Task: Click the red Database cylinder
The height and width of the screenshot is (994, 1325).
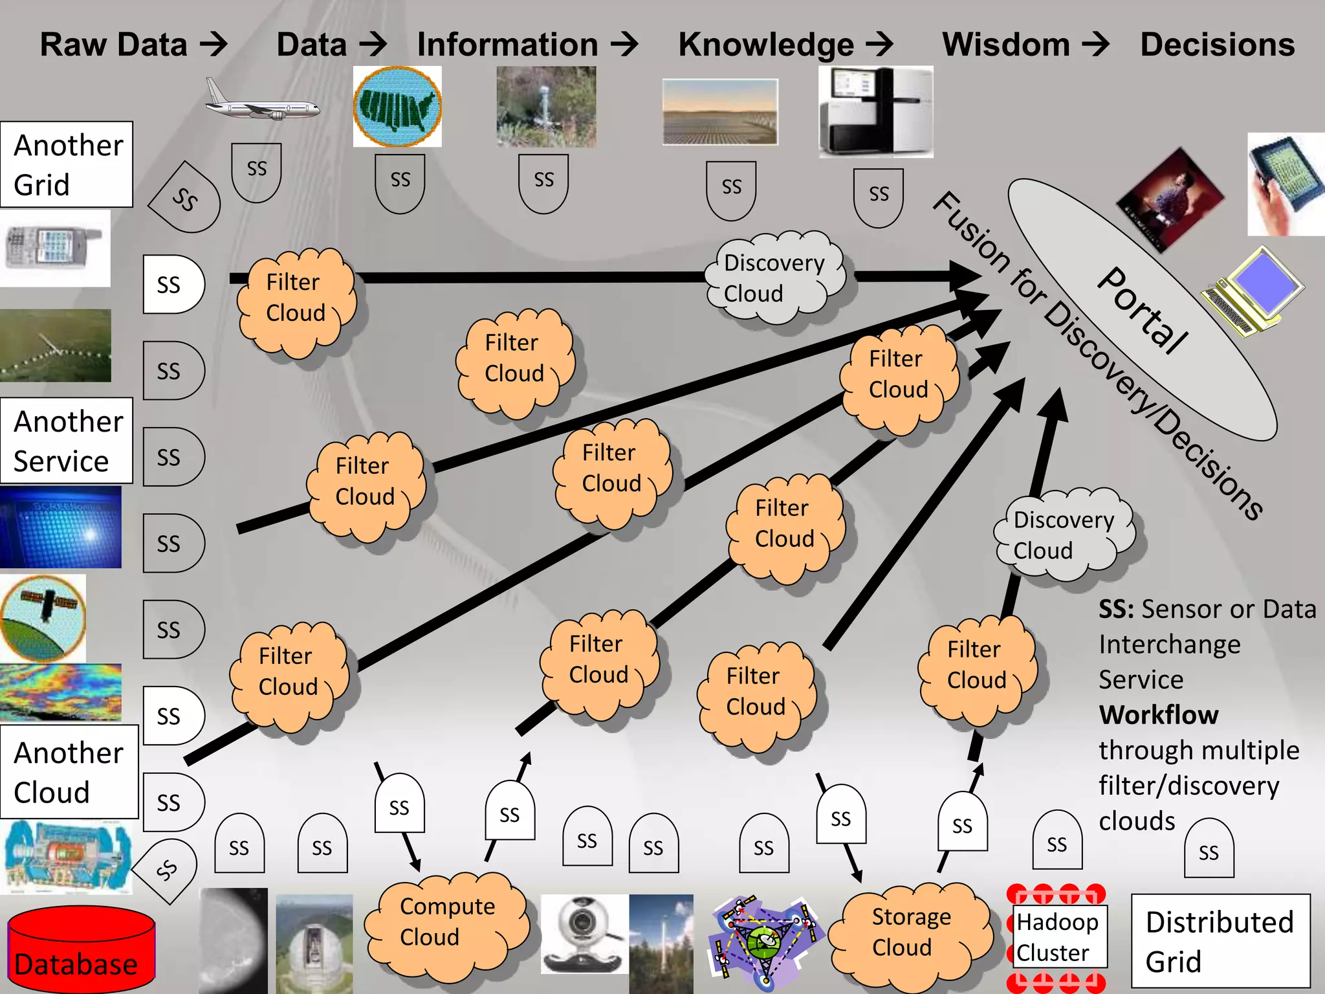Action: click(x=81, y=948)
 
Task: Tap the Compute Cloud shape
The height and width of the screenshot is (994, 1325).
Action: click(x=446, y=922)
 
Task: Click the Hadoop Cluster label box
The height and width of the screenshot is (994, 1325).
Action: click(x=1057, y=936)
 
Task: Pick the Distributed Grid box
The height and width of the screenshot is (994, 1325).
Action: click(x=1220, y=941)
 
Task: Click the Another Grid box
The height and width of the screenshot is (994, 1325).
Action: click(x=66, y=164)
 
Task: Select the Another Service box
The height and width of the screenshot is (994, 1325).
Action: click(x=66, y=441)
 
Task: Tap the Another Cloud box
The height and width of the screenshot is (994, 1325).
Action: click(x=68, y=772)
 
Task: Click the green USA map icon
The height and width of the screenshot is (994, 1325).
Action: click(x=397, y=107)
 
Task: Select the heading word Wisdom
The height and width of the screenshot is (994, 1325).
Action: click(x=1005, y=45)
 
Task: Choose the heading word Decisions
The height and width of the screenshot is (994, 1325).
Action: click(x=1217, y=45)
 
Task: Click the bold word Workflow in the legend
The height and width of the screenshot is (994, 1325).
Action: click(x=1158, y=714)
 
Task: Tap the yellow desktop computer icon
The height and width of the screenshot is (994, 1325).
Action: click(x=1252, y=291)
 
